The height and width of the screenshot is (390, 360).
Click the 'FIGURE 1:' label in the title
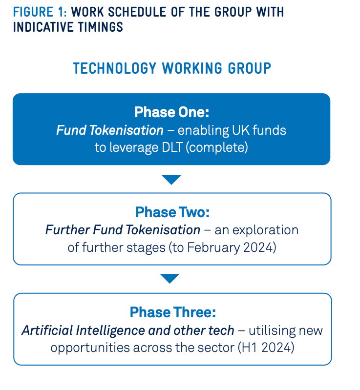[40, 12]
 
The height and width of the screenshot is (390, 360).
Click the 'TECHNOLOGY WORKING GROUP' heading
[172, 68]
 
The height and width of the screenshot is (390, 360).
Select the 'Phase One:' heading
[172, 112]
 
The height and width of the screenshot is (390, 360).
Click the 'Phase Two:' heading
[172, 212]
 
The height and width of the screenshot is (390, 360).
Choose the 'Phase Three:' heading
[173, 312]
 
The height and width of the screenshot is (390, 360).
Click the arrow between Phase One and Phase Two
[171, 179]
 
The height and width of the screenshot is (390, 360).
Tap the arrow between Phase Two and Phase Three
[169, 278]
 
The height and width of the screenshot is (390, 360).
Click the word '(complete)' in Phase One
[217, 147]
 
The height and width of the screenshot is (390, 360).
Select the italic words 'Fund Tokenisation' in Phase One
[110, 130]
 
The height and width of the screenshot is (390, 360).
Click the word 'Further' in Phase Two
[67, 229]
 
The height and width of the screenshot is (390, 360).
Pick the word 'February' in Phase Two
[213, 248]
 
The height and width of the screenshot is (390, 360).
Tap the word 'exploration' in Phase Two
[265, 230]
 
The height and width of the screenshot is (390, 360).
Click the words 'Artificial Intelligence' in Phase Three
[84, 330]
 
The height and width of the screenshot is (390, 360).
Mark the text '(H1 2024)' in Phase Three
[266, 347]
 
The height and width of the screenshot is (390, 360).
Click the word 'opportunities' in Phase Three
[90, 348]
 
